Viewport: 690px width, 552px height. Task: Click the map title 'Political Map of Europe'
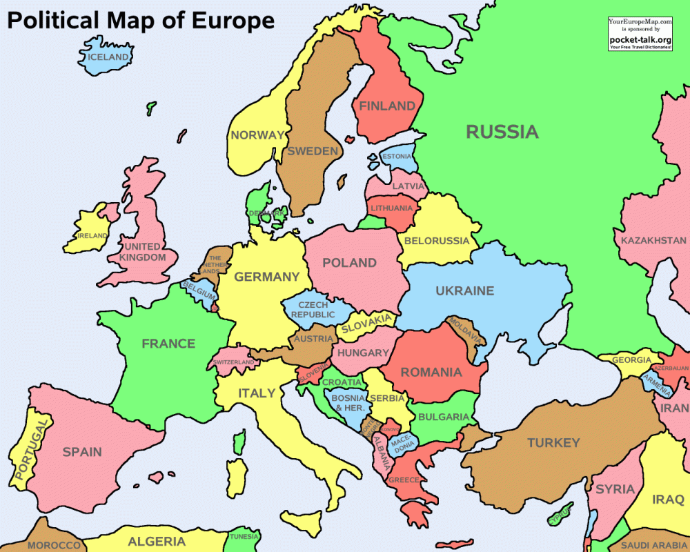(x=141, y=21)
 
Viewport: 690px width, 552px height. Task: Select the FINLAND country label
(x=386, y=106)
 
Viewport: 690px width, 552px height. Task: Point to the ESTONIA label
(x=397, y=156)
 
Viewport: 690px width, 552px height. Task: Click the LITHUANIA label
(x=391, y=208)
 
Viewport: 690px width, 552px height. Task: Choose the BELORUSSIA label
(x=437, y=241)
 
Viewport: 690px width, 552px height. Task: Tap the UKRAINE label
(x=464, y=290)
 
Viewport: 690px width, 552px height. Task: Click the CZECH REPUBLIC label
(x=313, y=310)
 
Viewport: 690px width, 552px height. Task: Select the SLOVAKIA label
(x=366, y=322)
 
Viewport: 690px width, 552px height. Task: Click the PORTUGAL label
(x=32, y=451)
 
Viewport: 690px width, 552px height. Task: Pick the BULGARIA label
(x=443, y=417)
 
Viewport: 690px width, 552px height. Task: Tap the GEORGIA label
(x=631, y=360)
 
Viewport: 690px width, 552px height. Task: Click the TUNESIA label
(x=244, y=536)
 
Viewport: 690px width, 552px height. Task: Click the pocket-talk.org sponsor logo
(x=640, y=39)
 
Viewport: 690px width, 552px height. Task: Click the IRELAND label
(x=92, y=235)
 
